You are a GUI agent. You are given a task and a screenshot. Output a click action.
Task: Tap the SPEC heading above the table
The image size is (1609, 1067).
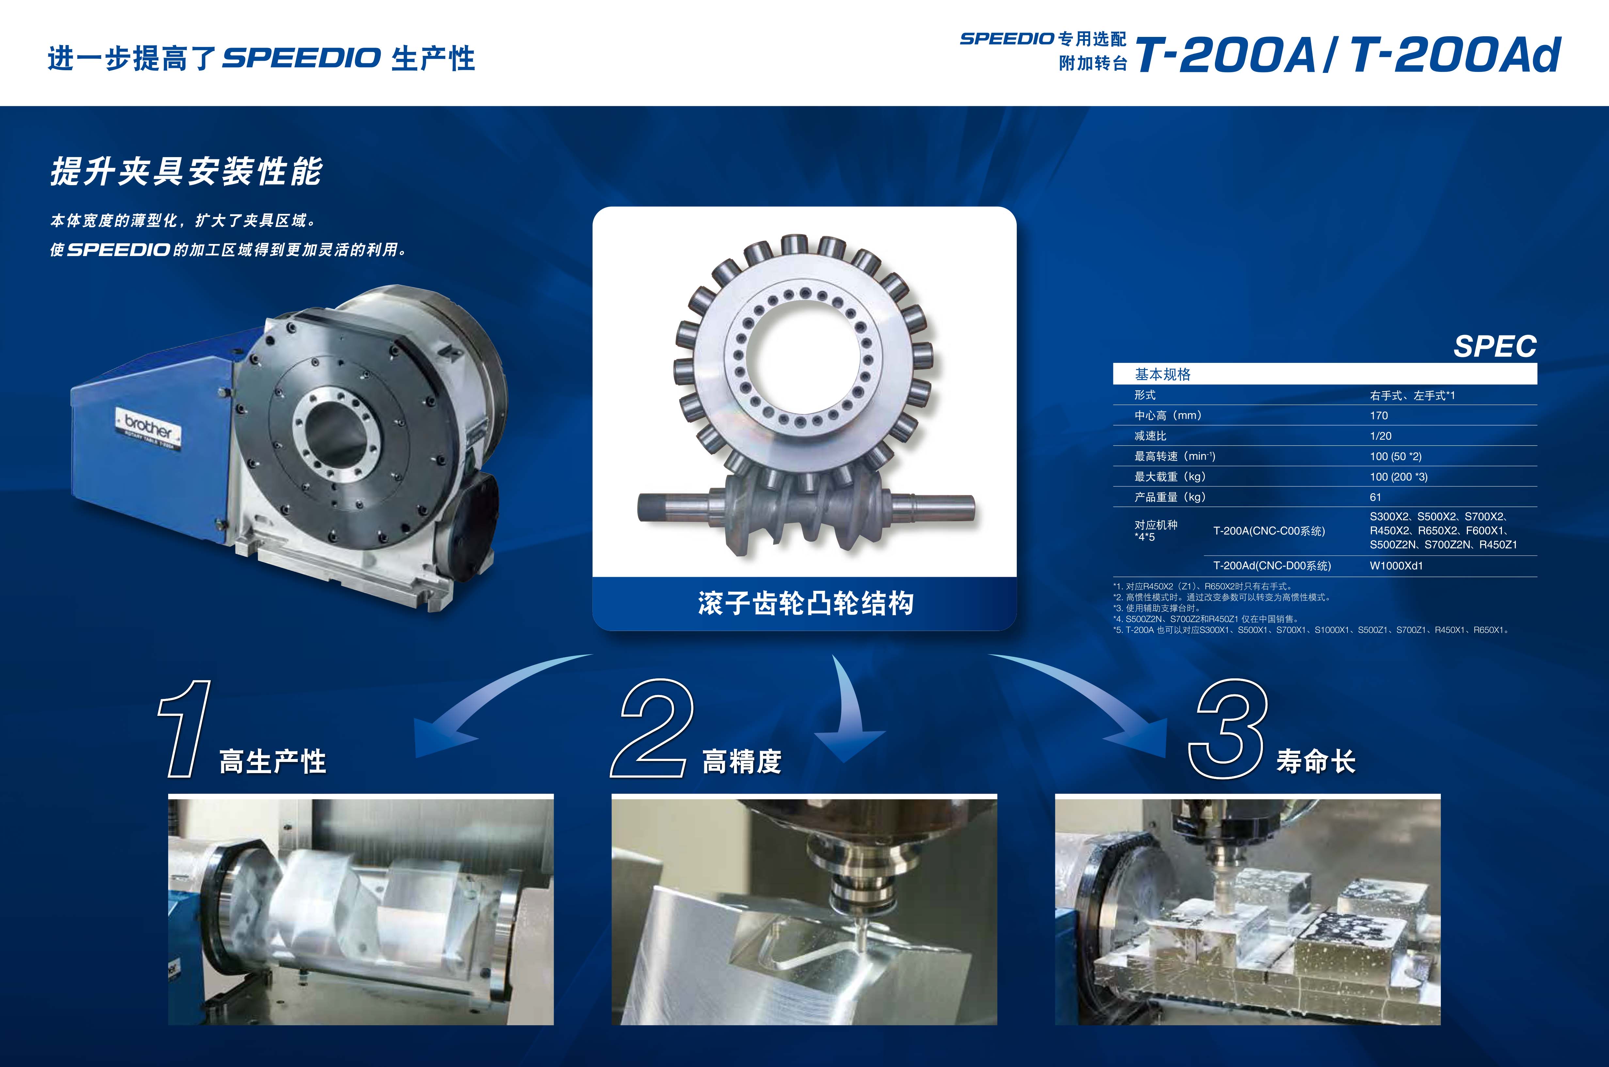(1495, 347)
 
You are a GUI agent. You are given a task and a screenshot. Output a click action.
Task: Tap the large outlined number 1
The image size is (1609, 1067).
(185, 728)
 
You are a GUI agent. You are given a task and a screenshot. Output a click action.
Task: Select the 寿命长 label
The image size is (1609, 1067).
(1316, 761)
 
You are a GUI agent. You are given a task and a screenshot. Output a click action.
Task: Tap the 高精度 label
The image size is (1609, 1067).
(741, 761)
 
